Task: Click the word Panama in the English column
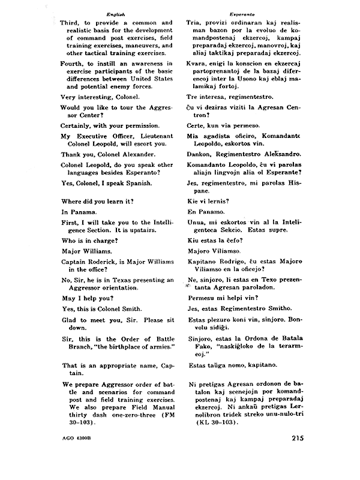[76, 212]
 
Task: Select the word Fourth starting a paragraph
[74, 64]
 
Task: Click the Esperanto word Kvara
[198, 64]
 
